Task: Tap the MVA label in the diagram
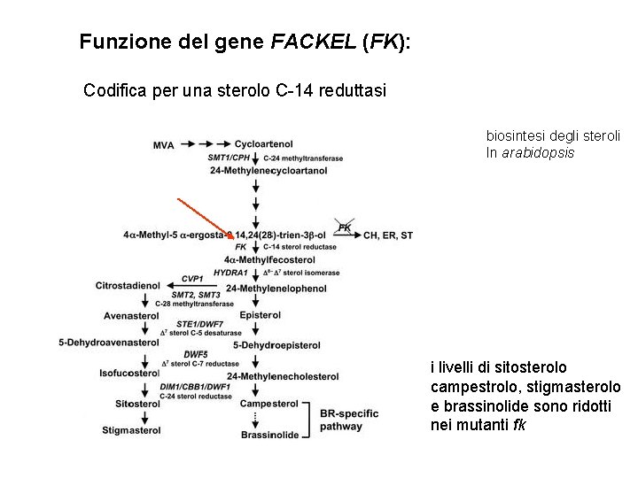pos(163,143)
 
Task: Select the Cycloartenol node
pos(264,143)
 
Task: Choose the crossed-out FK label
pos(346,227)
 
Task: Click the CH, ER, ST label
pos(388,235)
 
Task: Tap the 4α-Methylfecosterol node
pos(269,260)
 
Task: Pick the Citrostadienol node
pos(129,286)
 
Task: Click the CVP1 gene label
pos(192,278)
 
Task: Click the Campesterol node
pos(268,403)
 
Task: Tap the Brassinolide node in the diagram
pos(270,435)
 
